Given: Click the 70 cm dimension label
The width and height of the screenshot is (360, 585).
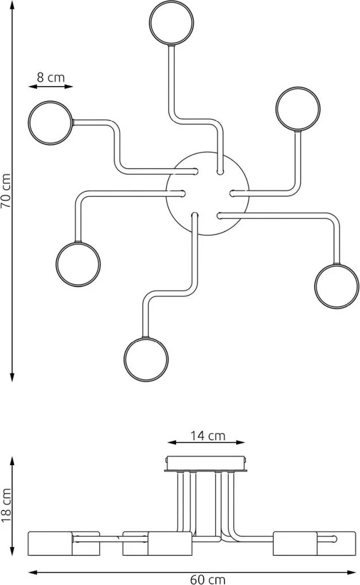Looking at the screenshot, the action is click(x=6, y=190).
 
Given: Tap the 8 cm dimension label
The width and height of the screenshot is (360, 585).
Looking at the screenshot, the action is click(x=51, y=77).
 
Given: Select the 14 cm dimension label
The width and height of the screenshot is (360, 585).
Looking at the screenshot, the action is click(x=208, y=435).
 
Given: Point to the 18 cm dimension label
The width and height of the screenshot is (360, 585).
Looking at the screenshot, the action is click(x=6, y=505).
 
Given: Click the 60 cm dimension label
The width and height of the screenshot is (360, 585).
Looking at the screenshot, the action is click(x=208, y=579).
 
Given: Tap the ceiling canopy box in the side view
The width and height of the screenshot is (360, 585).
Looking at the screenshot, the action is click(x=206, y=463).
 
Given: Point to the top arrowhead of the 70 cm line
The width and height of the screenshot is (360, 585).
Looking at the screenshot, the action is click(x=12, y=5).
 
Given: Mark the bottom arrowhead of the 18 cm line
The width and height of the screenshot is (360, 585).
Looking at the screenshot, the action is click(x=12, y=551).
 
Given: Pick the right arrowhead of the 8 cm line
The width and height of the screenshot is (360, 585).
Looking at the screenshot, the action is click(x=69, y=87).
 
